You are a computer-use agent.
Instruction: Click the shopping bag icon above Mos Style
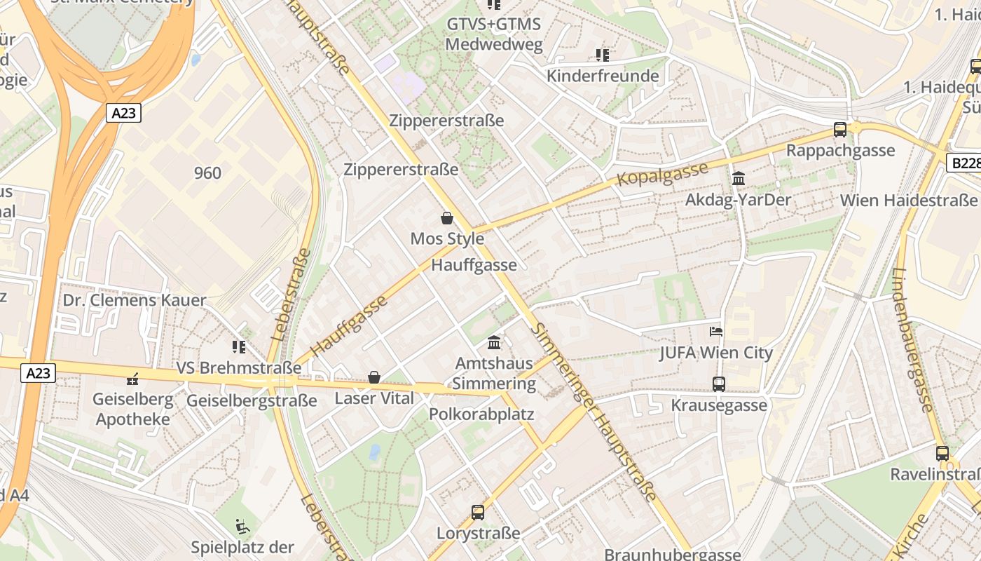(447, 218)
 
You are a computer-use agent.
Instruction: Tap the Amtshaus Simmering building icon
(494, 343)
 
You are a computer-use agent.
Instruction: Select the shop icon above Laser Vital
(374, 378)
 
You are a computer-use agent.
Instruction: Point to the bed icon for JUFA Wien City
(715, 331)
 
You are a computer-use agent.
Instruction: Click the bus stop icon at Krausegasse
(719, 384)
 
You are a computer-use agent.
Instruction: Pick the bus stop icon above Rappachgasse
(839, 129)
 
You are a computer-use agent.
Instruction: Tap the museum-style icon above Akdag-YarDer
(738, 179)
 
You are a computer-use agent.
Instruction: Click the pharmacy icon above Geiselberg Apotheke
(132, 379)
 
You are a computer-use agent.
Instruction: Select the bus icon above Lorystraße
(478, 512)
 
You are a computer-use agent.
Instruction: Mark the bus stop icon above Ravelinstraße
(942, 453)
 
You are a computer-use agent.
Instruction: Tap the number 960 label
(207, 173)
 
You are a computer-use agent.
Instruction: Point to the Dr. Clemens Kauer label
(135, 301)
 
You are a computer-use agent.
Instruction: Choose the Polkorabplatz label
(481, 414)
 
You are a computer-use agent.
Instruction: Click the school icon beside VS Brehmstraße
(239, 346)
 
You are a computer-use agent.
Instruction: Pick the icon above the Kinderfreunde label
(602, 55)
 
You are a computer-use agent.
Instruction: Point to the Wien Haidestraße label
(909, 200)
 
